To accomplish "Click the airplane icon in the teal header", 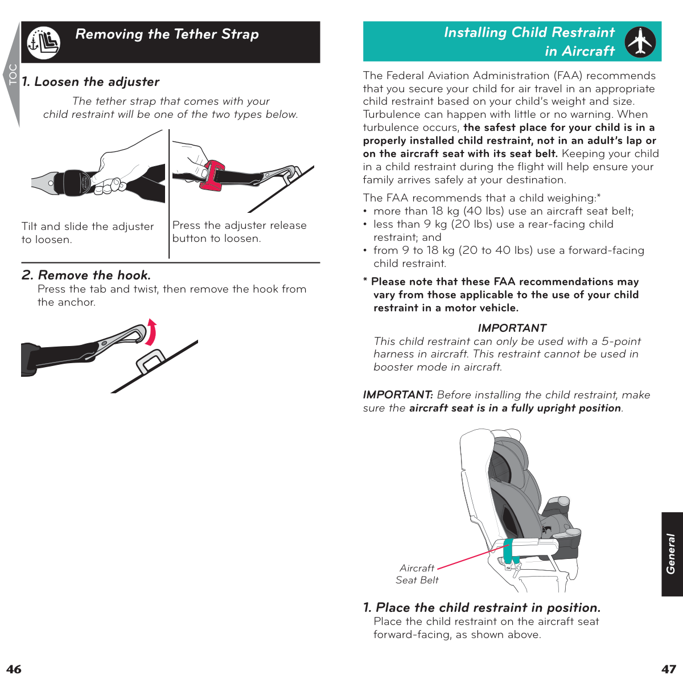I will pyautogui.click(x=640, y=42).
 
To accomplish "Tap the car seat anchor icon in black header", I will pyautogui.click(x=43, y=43).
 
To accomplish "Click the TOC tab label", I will pyautogui.click(x=13, y=75).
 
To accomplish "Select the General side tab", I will pyautogui.click(x=672, y=554).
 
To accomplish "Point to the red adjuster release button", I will pyautogui.click(x=212, y=175).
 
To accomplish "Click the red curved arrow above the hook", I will pyautogui.click(x=151, y=332).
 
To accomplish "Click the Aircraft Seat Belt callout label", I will pyautogui.click(x=417, y=574).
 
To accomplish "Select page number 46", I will pyautogui.click(x=14, y=669).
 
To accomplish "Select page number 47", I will pyautogui.click(x=668, y=669).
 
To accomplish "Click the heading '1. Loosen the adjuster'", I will pyautogui.click(x=90, y=82).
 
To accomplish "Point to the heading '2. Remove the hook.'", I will pyautogui.click(x=86, y=275).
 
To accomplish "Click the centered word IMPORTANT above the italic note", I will pyautogui.click(x=512, y=328).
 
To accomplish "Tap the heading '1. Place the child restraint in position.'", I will pyautogui.click(x=482, y=607).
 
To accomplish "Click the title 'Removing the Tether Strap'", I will pyautogui.click(x=167, y=34).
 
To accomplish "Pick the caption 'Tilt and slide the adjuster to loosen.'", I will pyautogui.click(x=87, y=233).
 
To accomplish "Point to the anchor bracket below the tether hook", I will pyautogui.click(x=151, y=361).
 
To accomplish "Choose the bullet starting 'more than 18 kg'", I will pyautogui.click(x=503, y=211).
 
